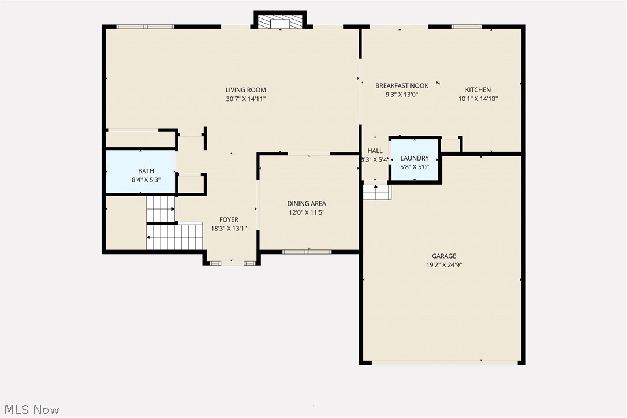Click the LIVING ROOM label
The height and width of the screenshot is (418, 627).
tap(245, 90)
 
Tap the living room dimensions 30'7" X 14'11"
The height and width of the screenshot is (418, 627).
tap(245, 99)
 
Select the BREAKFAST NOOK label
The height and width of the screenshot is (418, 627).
tap(402, 86)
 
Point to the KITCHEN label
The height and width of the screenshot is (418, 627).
tap(478, 90)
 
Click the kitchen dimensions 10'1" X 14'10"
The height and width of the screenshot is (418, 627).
tap(478, 99)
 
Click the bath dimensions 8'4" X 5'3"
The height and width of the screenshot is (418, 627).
tap(145, 180)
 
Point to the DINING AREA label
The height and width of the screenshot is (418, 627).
tap(307, 204)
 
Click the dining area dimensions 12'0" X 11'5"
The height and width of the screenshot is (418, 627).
tap(307, 212)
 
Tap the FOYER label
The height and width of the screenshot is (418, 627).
tap(229, 219)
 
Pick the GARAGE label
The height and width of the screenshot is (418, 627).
tap(444, 256)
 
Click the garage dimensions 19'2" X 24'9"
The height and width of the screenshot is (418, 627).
tap(444, 265)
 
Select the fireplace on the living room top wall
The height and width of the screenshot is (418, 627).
tap(280, 21)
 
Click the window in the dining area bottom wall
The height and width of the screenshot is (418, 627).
tap(307, 252)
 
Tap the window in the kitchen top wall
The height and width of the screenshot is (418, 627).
tap(466, 27)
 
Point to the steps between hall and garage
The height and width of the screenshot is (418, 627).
tap(376, 192)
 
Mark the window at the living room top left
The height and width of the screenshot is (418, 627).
tap(145, 27)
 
